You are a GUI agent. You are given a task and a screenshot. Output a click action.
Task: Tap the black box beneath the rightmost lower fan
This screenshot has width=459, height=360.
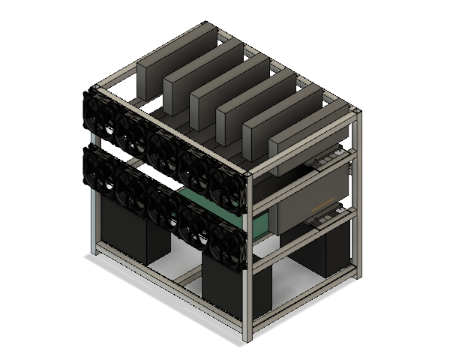[226, 289]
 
